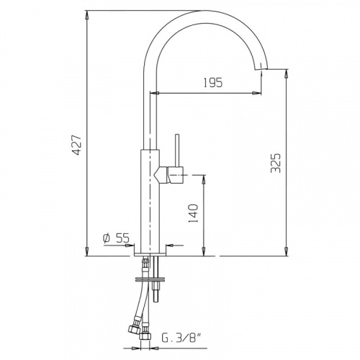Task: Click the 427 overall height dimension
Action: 78,145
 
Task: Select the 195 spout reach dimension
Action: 213,83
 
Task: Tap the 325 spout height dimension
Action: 275,163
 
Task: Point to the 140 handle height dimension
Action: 193,214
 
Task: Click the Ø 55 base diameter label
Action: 116,238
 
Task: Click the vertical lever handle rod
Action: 177,150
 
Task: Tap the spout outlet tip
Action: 261,69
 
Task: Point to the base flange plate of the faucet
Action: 150,254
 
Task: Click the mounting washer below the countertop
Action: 150,279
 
